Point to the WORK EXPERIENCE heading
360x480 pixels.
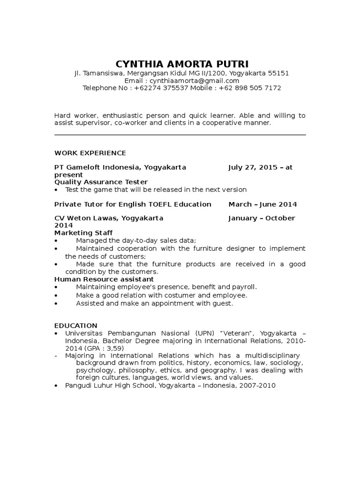tap(90, 153)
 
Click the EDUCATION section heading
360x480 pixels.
tap(75, 325)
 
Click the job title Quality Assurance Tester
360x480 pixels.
tap(101, 182)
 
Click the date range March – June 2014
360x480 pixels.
tap(262, 204)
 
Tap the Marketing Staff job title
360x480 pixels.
tap(83, 233)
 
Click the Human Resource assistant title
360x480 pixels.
tap(100, 279)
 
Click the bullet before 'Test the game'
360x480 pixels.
tap(56, 190)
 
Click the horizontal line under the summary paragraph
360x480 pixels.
tap(180, 135)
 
